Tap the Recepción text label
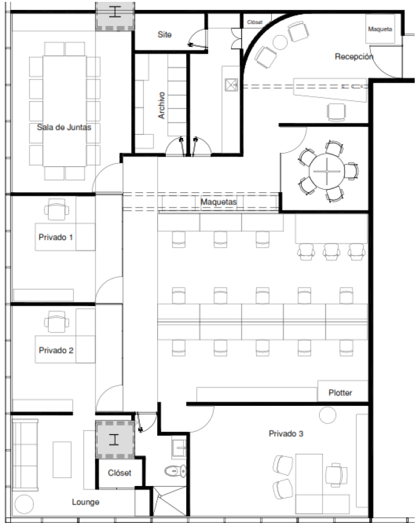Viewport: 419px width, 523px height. (354, 57)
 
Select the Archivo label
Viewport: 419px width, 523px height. (161, 105)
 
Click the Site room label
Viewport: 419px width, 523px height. (165, 34)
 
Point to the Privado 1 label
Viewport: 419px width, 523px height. (56, 237)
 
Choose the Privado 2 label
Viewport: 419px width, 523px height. (56, 351)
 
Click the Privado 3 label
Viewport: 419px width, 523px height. (285, 434)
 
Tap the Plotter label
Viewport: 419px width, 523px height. (340, 392)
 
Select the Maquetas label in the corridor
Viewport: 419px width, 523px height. (218, 201)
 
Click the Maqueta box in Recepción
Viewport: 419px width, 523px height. (380, 30)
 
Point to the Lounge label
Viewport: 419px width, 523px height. (85, 502)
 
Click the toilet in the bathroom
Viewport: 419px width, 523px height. (176, 472)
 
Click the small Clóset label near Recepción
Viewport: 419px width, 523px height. (254, 22)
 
